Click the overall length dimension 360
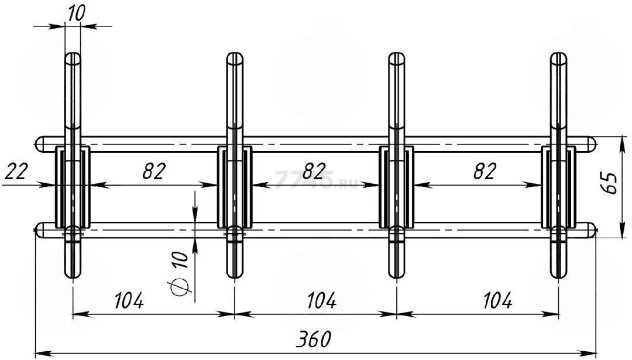click(x=313, y=340)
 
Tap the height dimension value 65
click(x=609, y=183)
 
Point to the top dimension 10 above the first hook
click(x=76, y=13)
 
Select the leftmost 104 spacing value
click(x=129, y=300)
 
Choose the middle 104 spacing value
click(x=321, y=300)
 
